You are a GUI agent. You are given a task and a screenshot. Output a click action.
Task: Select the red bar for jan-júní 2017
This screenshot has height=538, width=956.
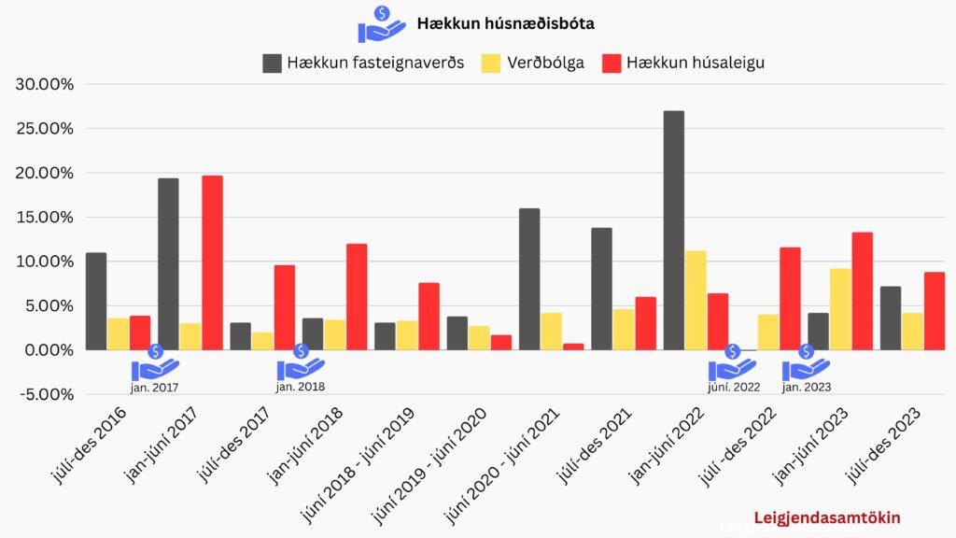pyautogui.click(x=212, y=262)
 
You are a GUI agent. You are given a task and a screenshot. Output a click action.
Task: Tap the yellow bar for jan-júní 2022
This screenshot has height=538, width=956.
pyautogui.click(x=696, y=300)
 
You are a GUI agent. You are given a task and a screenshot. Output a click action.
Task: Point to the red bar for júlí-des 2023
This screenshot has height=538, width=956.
pyautogui.click(x=934, y=310)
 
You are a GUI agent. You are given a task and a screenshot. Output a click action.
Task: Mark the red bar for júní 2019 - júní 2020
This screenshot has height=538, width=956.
pyautogui.click(x=501, y=342)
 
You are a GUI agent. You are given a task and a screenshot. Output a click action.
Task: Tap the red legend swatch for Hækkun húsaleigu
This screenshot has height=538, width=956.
pyautogui.click(x=612, y=64)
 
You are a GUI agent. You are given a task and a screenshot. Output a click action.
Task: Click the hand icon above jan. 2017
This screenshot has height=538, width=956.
pyautogui.click(x=154, y=363)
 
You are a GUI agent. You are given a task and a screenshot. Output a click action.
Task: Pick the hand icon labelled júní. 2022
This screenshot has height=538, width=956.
pyautogui.click(x=732, y=363)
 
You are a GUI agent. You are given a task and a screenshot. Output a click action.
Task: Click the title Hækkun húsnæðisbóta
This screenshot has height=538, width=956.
pyautogui.click(x=505, y=23)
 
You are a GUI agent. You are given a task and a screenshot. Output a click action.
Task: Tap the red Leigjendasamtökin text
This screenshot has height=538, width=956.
pyautogui.click(x=812, y=517)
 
